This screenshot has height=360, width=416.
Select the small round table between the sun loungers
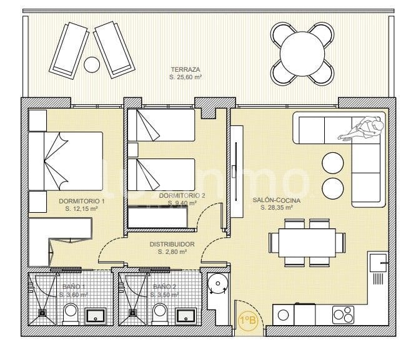[92, 64]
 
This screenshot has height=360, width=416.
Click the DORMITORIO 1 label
[81, 202]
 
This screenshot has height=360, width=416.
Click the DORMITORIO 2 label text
[182, 195]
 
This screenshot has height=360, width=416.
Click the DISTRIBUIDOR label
[172, 245]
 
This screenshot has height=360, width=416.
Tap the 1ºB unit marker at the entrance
[248, 321]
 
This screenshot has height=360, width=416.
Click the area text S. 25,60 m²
[187, 77]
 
